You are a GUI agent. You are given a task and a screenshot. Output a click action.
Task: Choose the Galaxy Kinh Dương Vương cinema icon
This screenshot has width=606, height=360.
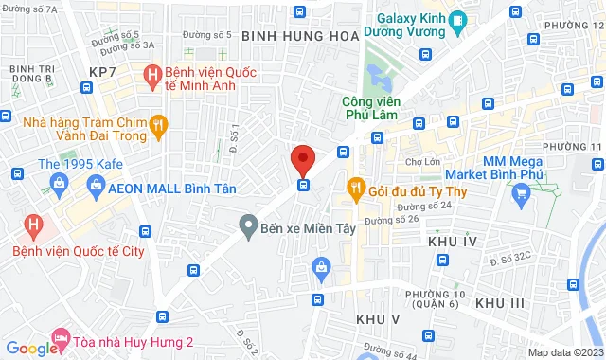pos(458,19)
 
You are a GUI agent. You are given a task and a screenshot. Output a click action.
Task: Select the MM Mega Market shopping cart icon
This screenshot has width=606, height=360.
pos(520,196)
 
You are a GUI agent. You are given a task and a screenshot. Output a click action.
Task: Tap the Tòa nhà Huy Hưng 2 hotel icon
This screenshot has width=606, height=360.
pos(62,336)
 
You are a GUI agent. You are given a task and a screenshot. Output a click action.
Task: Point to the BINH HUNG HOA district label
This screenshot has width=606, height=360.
pos(301,35)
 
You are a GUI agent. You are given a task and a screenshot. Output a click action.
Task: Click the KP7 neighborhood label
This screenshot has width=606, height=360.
pos(102,72)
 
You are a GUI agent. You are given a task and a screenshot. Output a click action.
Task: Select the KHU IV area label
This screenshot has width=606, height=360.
pos(450,243)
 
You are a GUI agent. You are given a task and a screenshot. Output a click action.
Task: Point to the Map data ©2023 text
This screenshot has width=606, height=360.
pos(565,352)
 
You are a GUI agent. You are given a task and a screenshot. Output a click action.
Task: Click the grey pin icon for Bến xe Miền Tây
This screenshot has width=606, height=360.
pos(248,226)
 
